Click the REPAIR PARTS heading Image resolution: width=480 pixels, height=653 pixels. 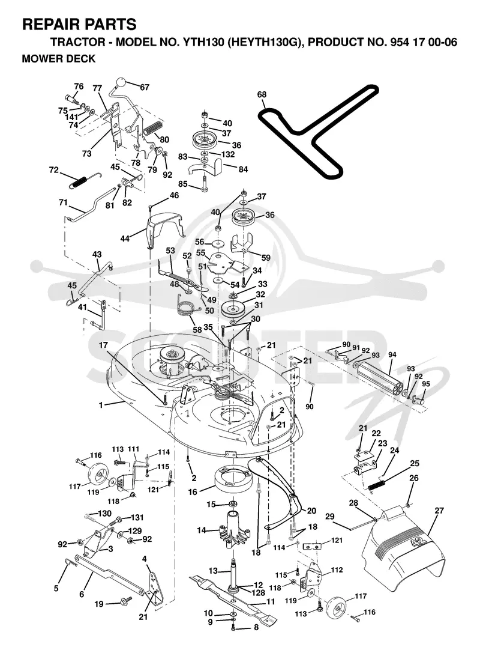(79, 25)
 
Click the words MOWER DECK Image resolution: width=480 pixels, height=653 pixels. (59, 59)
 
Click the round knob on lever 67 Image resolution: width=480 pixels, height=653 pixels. (121, 81)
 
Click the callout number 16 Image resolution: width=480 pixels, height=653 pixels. (192, 492)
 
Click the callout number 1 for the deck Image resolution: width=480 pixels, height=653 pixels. (101, 404)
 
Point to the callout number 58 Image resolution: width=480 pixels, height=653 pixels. (197, 329)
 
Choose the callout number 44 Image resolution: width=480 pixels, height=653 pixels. (125, 238)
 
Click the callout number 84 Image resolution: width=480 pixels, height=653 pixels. (243, 169)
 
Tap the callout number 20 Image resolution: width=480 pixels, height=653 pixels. (311, 511)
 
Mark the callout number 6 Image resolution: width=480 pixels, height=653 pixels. (82, 594)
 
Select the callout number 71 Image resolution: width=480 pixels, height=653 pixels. (63, 203)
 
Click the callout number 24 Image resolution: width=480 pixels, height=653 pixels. (394, 450)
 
